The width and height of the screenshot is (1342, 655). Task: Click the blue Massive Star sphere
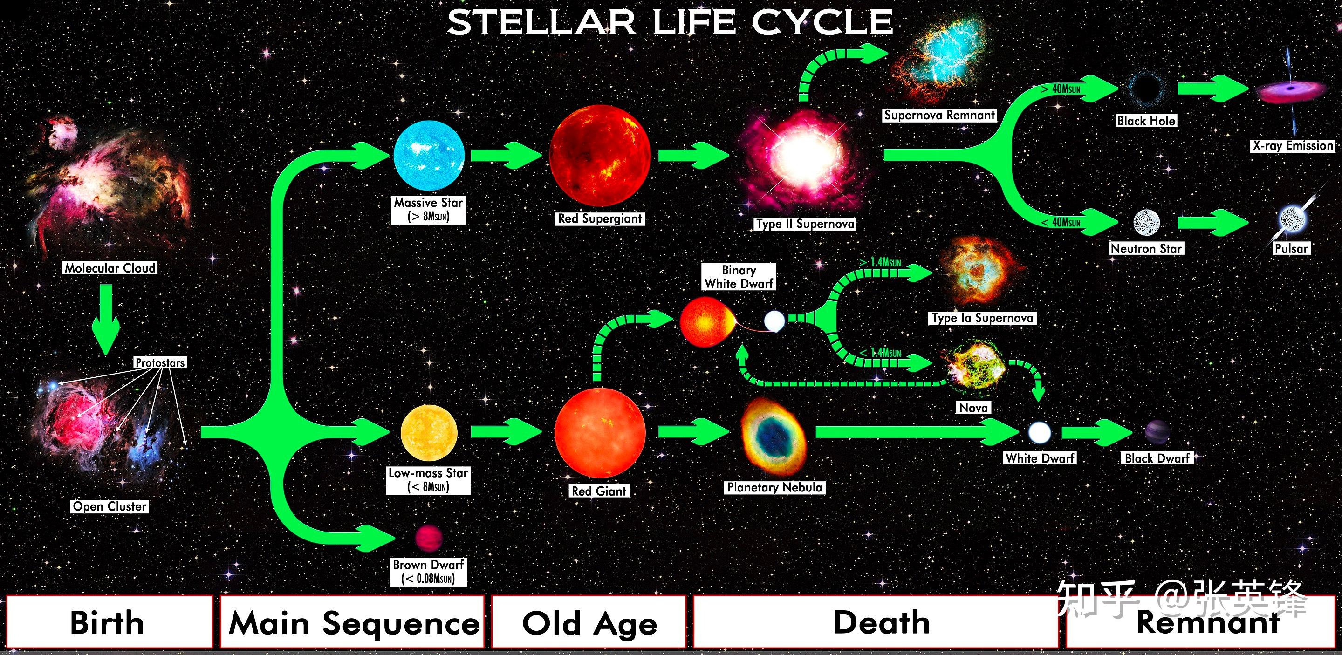pyautogui.click(x=429, y=156)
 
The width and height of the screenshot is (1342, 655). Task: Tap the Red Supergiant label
pyautogui.click(x=600, y=218)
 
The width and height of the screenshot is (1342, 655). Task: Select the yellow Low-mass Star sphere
pyautogui.click(x=429, y=433)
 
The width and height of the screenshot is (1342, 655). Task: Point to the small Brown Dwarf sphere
pyautogui.click(x=429, y=539)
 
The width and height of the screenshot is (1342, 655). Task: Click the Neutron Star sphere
pyautogui.click(x=1147, y=223)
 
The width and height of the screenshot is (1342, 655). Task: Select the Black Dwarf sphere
pyautogui.click(x=1157, y=432)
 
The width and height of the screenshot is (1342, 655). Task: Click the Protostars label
pyautogui.click(x=160, y=362)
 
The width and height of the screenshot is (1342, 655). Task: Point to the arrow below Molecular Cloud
pyautogui.click(x=106, y=319)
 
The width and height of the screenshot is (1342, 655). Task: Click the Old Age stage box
pyautogui.click(x=589, y=621)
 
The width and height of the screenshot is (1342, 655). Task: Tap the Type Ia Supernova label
pyautogui.click(x=982, y=318)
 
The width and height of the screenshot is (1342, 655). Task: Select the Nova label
pyautogui.click(x=973, y=407)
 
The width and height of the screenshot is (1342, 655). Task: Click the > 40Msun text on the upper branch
pyautogui.click(x=1061, y=89)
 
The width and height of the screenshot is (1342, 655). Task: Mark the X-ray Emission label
pyautogui.click(x=1293, y=146)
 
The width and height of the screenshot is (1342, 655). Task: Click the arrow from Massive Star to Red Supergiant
pyautogui.click(x=506, y=155)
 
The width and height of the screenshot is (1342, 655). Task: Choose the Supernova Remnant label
pyautogui.click(x=939, y=115)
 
